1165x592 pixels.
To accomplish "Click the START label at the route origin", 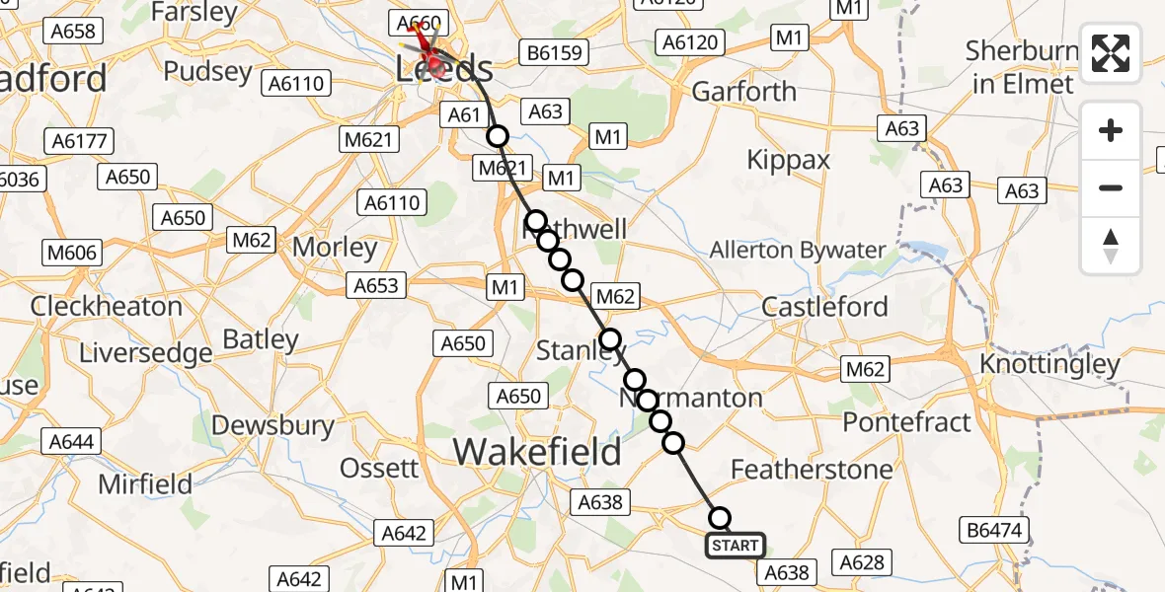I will pyautogui.click(x=735, y=546).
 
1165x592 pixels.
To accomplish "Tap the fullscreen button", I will pyautogui.click(x=1111, y=53).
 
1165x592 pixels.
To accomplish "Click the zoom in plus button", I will pyautogui.click(x=1111, y=130).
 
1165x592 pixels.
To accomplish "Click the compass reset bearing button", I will pyautogui.click(x=1111, y=246).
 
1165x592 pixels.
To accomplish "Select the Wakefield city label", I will pyautogui.click(x=537, y=453).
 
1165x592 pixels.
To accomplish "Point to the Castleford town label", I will pyautogui.click(x=825, y=307).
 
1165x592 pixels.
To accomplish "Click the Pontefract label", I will pyautogui.click(x=906, y=422).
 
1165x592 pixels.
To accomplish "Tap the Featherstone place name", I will pyautogui.click(x=812, y=469).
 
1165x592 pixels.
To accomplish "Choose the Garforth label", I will pyautogui.click(x=743, y=92).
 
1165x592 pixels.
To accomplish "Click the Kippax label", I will pyautogui.click(x=789, y=160).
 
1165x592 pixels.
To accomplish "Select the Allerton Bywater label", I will pyautogui.click(x=798, y=250).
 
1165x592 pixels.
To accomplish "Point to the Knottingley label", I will pyautogui.click(x=1049, y=364).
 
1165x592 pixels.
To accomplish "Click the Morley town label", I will pyautogui.click(x=335, y=248).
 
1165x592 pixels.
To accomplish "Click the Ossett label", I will pyautogui.click(x=380, y=467).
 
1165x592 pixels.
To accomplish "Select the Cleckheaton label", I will pyautogui.click(x=106, y=306).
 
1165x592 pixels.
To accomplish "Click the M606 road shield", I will pyautogui.click(x=71, y=254).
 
